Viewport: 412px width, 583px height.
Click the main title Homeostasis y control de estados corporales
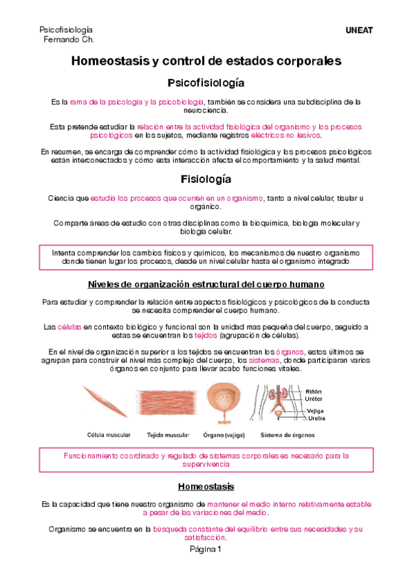[x=206, y=61]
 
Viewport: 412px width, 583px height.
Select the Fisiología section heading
[x=206, y=179]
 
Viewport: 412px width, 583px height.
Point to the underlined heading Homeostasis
[x=206, y=486]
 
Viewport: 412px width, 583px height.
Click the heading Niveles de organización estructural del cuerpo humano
[x=206, y=284]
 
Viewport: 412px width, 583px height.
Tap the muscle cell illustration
[x=105, y=402]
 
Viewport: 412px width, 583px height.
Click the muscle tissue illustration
[x=168, y=404]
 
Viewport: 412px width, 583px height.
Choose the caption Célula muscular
[x=108, y=434]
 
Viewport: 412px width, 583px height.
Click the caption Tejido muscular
[x=168, y=434]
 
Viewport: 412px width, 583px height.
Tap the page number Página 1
[x=206, y=549]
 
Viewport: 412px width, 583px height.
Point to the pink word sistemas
[x=263, y=360]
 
